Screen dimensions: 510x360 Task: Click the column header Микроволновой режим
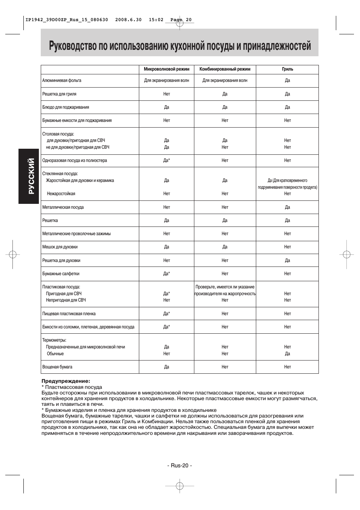point(166,69)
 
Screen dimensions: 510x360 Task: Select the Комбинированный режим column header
point(225,69)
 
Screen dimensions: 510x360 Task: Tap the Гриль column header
point(287,69)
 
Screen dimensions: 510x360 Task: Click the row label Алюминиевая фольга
point(62,80)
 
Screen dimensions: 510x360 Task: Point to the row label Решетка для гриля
point(59,94)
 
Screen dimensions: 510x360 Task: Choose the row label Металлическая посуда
point(63,207)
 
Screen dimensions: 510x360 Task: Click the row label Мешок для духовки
point(60,247)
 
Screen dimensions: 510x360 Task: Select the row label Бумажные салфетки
point(61,274)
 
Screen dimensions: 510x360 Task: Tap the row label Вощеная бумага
point(57,367)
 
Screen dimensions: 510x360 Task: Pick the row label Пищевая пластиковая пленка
point(69,314)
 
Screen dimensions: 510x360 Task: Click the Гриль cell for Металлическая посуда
point(287,207)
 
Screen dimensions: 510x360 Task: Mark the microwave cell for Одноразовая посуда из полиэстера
point(166,160)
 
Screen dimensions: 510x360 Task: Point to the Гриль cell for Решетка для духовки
point(287,260)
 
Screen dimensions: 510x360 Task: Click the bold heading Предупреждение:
point(66,381)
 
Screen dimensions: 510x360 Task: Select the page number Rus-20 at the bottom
point(180,465)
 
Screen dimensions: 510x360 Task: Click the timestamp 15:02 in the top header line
point(156,20)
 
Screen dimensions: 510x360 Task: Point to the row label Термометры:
point(54,340)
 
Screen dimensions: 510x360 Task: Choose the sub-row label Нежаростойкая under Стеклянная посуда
point(61,194)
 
